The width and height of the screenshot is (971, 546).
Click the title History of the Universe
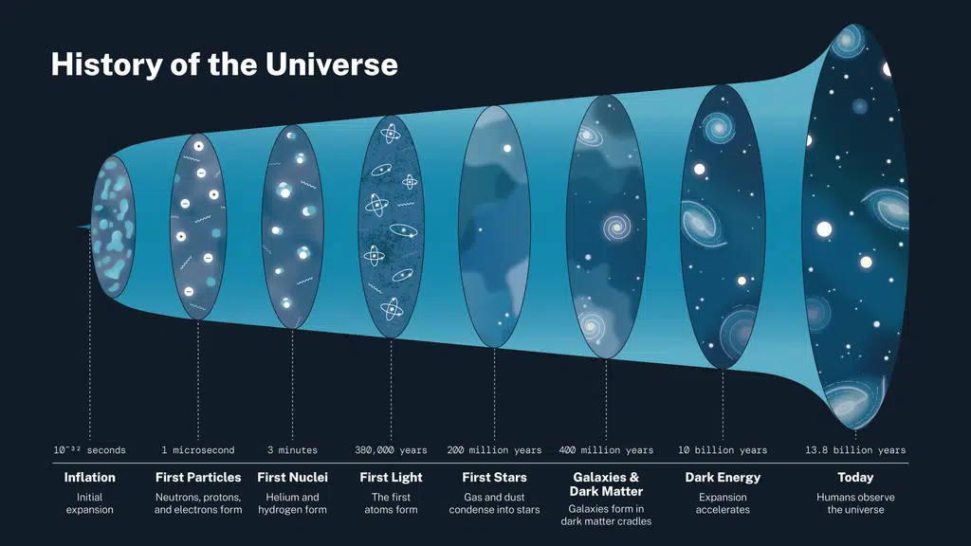[224, 64]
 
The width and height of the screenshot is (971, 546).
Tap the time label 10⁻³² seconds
[89, 450]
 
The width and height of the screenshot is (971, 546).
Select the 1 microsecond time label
[198, 450]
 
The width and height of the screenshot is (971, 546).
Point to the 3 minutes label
[292, 450]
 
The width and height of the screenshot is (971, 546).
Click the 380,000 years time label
[391, 450]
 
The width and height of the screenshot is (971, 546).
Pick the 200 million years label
[494, 450]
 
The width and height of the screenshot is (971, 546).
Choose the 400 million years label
[606, 450]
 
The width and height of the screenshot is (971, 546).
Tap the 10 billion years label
[723, 450]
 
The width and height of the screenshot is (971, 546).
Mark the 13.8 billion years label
[855, 450]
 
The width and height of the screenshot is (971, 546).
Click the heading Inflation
[89, 478]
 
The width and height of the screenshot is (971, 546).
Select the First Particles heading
[198, 478]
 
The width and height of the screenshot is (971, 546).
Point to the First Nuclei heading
[292, 478]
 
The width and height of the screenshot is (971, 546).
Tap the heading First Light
[391, 478]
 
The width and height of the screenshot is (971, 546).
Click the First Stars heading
[494, 478]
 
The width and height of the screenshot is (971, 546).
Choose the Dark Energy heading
[723, 478]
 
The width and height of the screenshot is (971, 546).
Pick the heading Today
[855, 478]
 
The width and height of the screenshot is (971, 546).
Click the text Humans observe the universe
[855, 503]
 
